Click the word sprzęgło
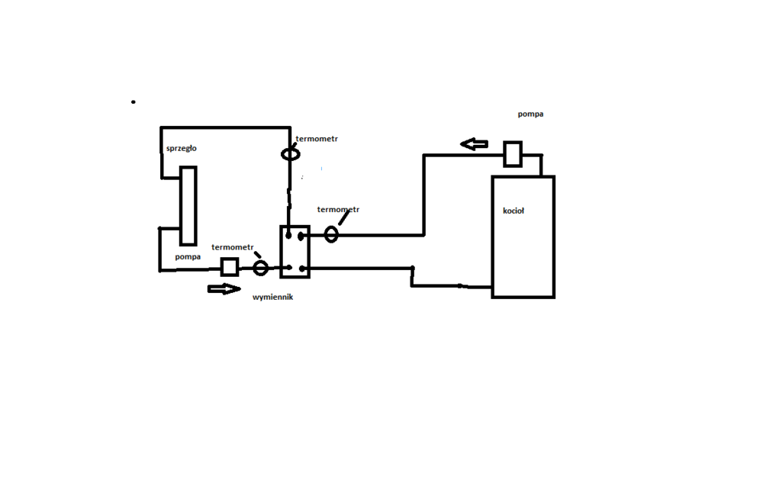tap(181, 148)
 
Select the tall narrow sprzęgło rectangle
tap(188, 204)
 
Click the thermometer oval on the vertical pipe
tap(290, 154)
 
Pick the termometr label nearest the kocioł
tap(338, 209)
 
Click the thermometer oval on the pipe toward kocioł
tap(331, 234)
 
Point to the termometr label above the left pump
tap(233, 246)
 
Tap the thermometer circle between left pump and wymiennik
tap(261, 267)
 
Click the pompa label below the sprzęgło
tap(188, 257)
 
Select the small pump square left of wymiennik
tap(229, 266)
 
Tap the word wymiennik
tap(272, 298)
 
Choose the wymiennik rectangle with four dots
tap(295, 251)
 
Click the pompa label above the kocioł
tap(530, 114)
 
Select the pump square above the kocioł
tap(513, 153)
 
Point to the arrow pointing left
tap(474, 143)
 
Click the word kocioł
tap(513, 211)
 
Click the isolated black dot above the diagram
tap(134, 101)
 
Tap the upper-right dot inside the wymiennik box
tap(302, 236)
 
